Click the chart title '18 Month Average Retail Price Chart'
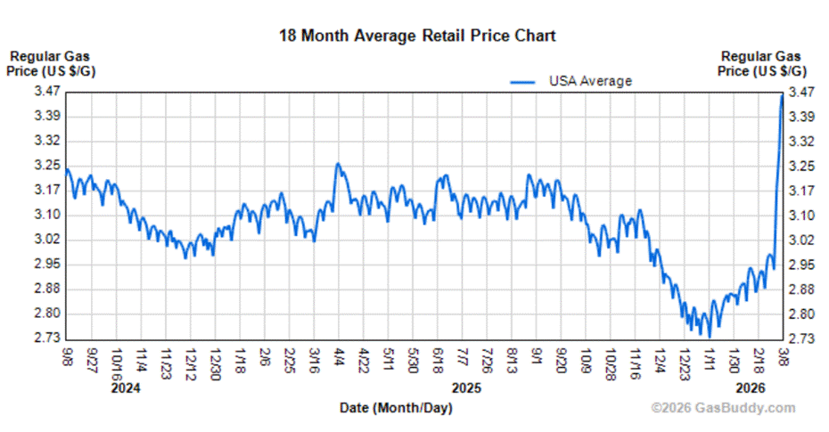tap(417, 36)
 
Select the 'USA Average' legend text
tap(590, 81)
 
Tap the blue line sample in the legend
tap(523, 82)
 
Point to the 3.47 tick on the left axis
tap(47, 92)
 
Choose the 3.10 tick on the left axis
tap(47, 215)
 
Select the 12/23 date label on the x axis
tap(684, 359)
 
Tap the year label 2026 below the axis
tap(751, 388)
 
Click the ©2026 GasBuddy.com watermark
tap(723, 408)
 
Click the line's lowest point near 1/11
tap(709, 336)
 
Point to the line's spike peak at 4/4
tap(337, 164)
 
